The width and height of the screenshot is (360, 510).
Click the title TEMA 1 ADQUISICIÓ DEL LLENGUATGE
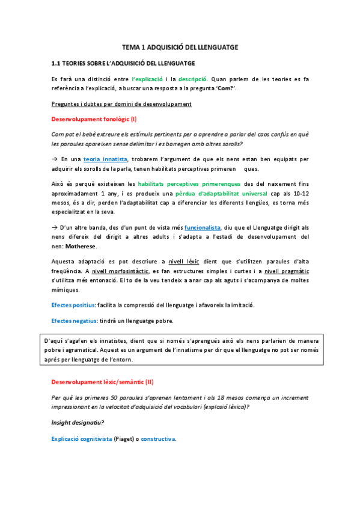[x=180, y=46]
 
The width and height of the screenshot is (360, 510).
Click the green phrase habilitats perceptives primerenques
[x=189, y=184]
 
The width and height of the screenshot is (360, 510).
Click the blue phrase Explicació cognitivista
[x=82, y=439]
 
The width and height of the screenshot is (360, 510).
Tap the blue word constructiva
[x=158, y=439]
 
